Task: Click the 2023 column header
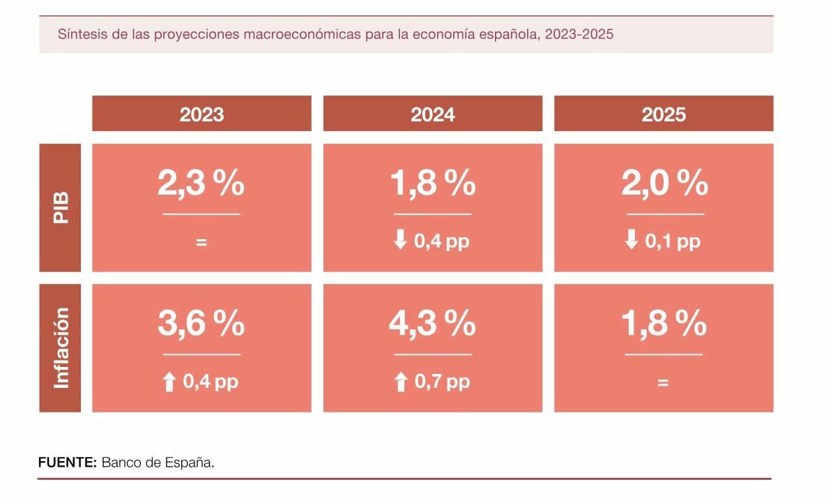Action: click(x=201, y=114)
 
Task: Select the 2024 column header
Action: click(x=433, y=114)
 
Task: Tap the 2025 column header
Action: click(x=664, y=114)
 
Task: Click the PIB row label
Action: click(x=60, y=207)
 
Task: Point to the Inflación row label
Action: click(x=61, y=347)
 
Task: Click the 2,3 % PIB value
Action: click(x=201, y=183)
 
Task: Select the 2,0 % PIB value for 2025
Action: click(x=664, y=183)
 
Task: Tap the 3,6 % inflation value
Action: click(x=201, y=324)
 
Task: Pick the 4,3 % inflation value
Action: click(x=433, y=324)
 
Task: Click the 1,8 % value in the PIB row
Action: click(x=433, y=183)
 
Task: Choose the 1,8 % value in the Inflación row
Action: click(x=664, y=324)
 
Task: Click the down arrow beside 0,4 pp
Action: click(x=401, y=241)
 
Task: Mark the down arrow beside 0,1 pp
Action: click(x=632, y=241)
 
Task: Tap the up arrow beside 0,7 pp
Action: click(x=401, y=382)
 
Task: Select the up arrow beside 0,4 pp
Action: click(x=169, y=382)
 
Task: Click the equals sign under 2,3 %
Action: click(x=201, y=243)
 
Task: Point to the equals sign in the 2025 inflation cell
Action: click(x=663, y=382)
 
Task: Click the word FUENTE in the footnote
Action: click(x=67, y=463)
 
